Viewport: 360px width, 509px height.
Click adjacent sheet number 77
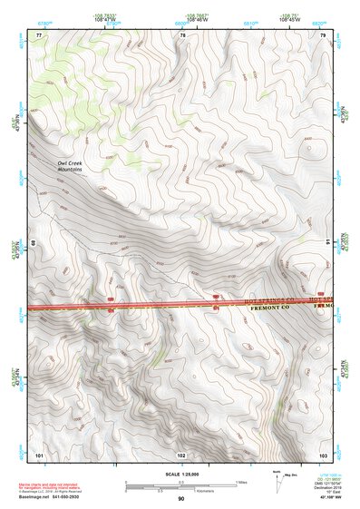[x=39, y=35]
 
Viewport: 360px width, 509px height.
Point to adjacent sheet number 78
[x=183, y=35]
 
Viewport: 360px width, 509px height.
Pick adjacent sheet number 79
[x=323, y=35]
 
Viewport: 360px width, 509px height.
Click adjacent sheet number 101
[x=39, y=453]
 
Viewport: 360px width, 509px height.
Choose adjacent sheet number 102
[x=181, y=453]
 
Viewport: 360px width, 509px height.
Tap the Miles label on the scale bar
[x=241, y=482]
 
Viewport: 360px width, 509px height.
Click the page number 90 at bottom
[x=180, y=499]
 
